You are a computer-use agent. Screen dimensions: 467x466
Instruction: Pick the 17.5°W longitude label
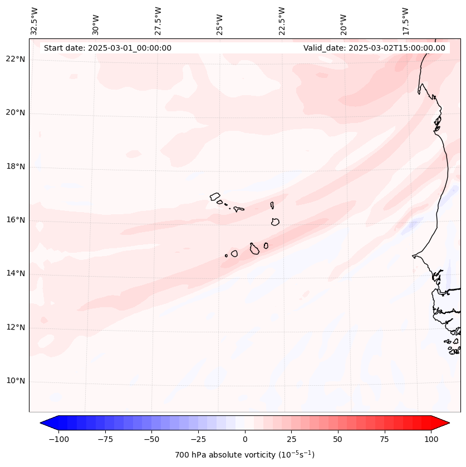pos(405,20)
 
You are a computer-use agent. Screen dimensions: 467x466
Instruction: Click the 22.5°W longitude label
pos(282,20)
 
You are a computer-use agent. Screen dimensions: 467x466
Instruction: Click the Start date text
pos(107,48)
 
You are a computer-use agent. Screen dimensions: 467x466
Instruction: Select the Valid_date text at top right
pos(374,48)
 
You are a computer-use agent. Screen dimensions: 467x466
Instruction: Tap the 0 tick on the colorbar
pos(245,439)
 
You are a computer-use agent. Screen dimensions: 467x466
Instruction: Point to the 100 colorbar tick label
pos(431,439)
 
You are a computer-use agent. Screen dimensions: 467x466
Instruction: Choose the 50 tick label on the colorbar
pos(338,439)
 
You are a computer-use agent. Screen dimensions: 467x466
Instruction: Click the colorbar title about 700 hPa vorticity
pos(244,455)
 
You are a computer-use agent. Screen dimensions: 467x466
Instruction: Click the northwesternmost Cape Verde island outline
pos(215,196)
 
